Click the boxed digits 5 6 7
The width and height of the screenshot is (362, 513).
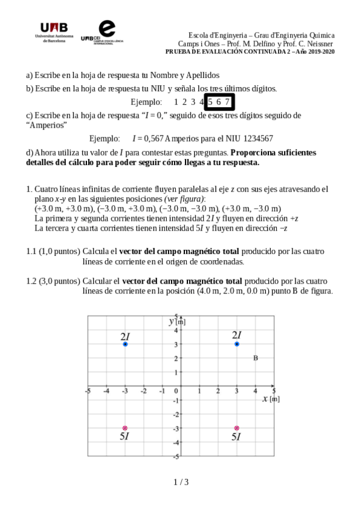(x=219, y=102)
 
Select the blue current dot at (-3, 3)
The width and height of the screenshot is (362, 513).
(x=125, y=344)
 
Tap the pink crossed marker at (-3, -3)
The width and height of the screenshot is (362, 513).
(x=125, y=428)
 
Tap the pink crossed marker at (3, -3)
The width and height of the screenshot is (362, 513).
(x=237, y=428)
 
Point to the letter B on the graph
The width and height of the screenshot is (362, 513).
(x=256, y=358)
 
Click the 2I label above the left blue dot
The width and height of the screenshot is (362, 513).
(x=125, y=335)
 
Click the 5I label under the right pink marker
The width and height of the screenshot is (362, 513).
(x=236, y=437)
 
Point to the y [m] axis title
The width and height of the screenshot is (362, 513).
(x=177, y=321)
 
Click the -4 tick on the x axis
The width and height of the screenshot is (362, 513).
(x=106, y=391)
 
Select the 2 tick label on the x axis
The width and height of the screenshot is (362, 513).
(x=218, y=391)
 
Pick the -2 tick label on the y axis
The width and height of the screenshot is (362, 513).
(x=176, y=414)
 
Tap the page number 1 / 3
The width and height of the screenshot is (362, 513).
(x=181, y=482)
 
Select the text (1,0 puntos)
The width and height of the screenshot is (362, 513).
(x=60, y=251)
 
